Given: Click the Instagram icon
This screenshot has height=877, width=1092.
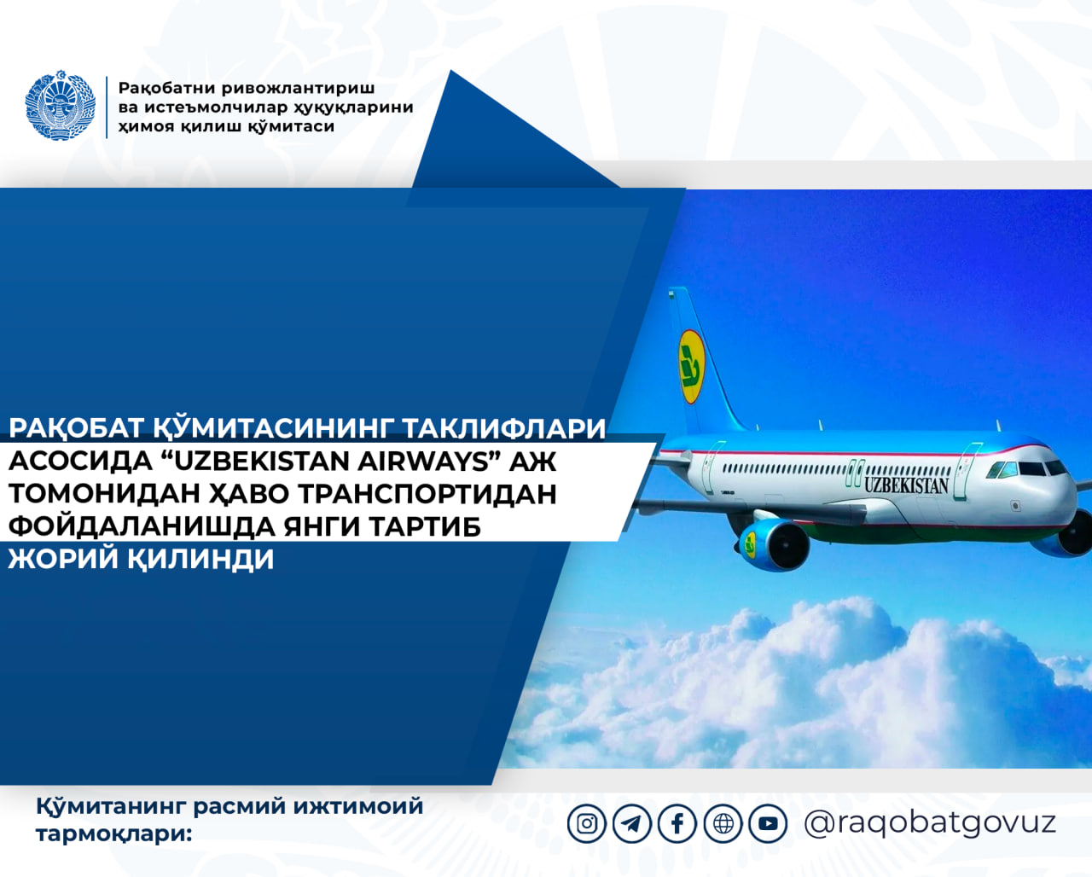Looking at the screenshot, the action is [x=587, y=823].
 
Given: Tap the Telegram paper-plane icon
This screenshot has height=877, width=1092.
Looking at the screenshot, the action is [x=632, y=823].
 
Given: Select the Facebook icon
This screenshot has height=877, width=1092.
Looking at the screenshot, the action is [x=677, y=823].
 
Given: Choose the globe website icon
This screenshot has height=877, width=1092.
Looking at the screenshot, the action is [x=723, y=823].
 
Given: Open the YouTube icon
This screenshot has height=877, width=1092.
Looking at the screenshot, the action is [x=769, y=823].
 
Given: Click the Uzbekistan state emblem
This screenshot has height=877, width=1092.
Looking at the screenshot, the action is [x=61, y=105].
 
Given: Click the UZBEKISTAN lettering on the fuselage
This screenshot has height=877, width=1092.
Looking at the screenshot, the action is [x=906, y=485].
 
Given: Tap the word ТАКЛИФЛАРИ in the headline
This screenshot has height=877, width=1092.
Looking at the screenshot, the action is [x=504, y=428].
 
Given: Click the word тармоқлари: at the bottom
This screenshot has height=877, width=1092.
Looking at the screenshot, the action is [x=114, y=835].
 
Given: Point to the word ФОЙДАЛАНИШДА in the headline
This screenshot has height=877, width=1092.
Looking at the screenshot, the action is [x=142, y=526].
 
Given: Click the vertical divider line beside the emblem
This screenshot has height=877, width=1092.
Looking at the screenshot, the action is [x=107, y=107].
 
